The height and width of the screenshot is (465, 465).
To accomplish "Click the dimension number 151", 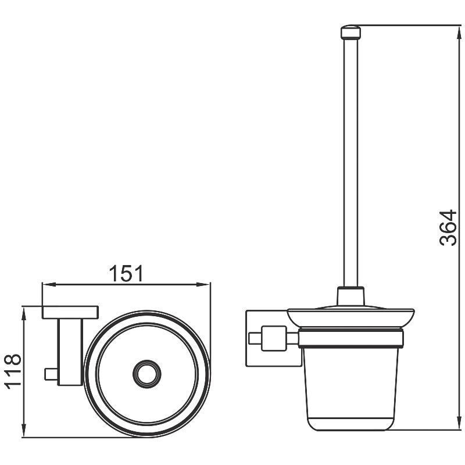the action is point(126,273).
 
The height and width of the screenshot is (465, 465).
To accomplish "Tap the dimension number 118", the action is point(13,371).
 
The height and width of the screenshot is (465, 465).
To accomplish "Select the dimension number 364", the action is point(448,228).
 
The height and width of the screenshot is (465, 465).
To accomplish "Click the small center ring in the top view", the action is point(147,374).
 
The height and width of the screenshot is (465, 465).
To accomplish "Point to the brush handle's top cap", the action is point(351,32).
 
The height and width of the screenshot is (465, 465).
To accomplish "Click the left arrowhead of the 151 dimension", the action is point(49,284).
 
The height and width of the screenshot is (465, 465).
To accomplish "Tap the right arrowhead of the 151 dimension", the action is point(203,284).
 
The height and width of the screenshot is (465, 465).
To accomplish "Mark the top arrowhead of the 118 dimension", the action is point(24,313).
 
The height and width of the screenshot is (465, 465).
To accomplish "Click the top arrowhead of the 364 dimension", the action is point(459,32).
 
